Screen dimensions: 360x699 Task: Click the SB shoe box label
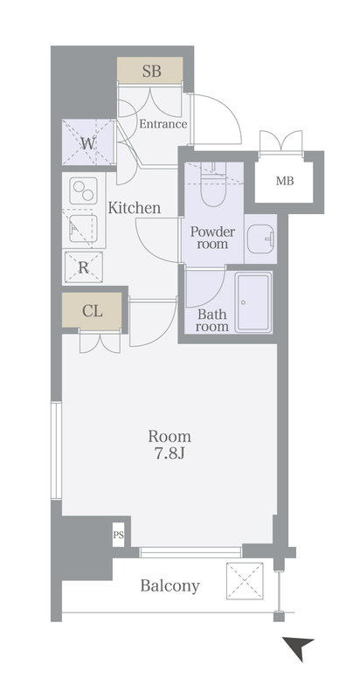pos(151,71)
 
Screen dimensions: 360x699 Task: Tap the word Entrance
pos(163,124)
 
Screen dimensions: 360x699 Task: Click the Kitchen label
pos(135,208)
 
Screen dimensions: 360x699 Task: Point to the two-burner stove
pos(84,190)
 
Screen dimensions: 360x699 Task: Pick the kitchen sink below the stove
pos(83,229)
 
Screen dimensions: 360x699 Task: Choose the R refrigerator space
pos(84,267)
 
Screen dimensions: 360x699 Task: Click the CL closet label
pos(93,312)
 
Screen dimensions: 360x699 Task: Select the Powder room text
pos(212,238)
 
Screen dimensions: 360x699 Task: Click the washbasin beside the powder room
pos(261,239)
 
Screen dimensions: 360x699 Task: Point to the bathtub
pos(253,302)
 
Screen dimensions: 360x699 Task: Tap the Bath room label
pos(212,321)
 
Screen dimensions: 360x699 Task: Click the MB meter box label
pos(285,181)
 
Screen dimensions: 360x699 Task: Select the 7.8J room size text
pos(170,453)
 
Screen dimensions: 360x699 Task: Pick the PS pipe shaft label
pos(118,535)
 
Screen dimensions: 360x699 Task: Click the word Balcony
pos(170,586)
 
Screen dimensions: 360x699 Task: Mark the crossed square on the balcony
pos(245,581)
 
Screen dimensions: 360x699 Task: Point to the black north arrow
pos(298,647)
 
